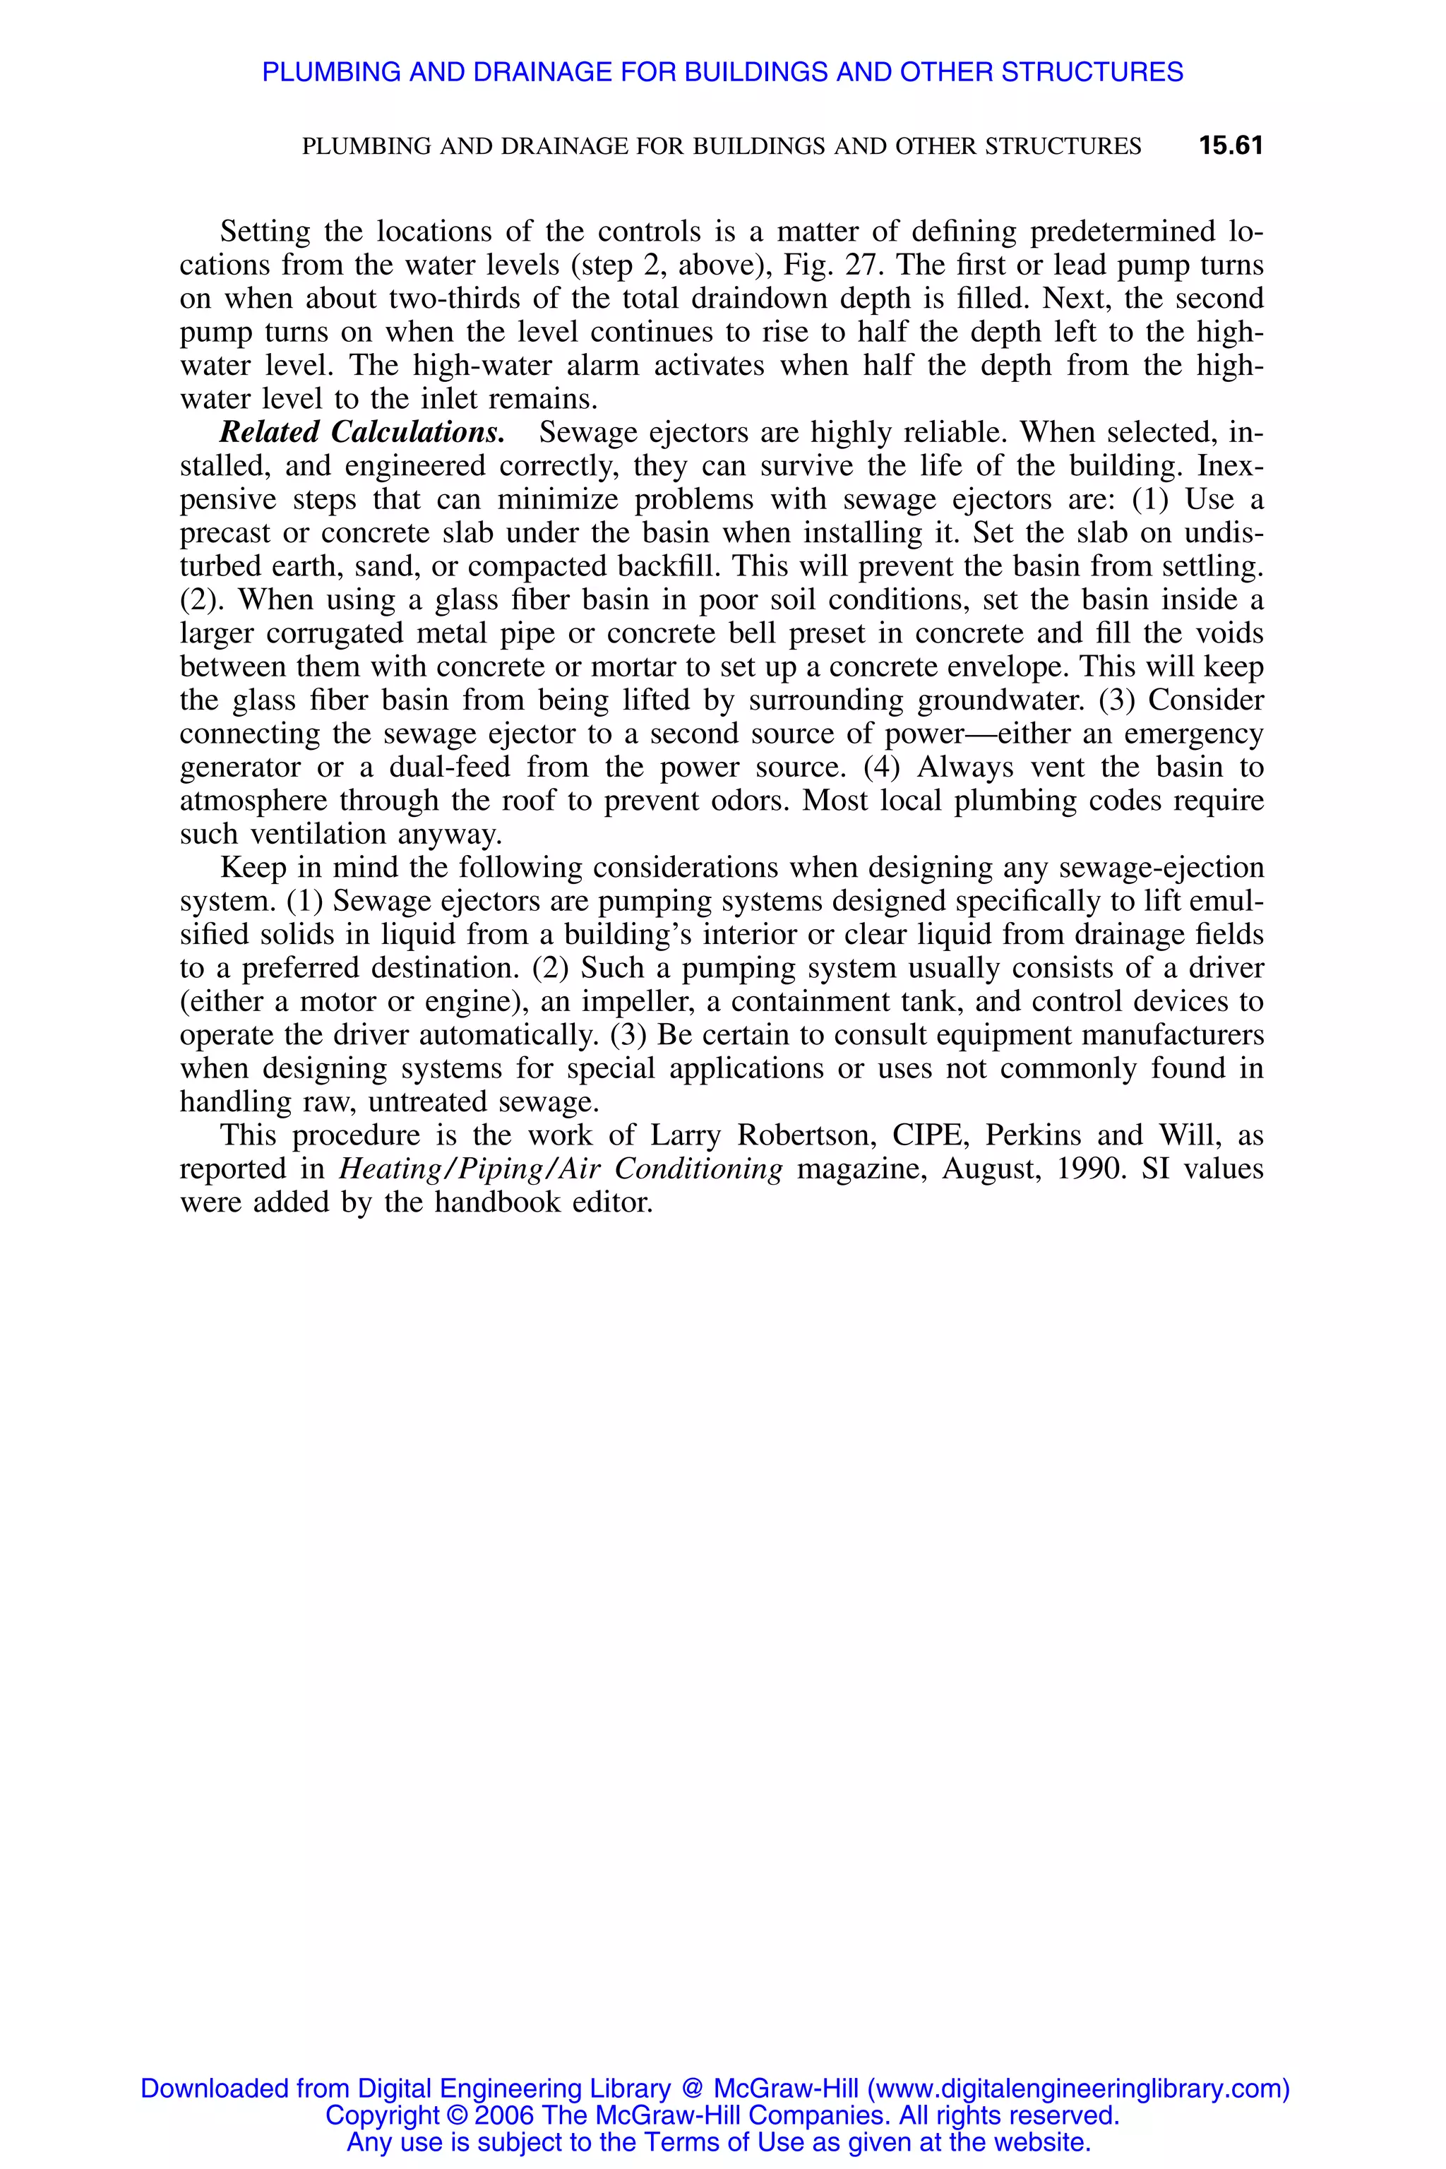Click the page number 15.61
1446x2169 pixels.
pyautogui.click(x=1230, y=145)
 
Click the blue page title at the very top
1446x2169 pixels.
pyautogui.click(x=722, y=72)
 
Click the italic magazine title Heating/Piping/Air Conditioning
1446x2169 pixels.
pyautogui.click(x=561, y=1169)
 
